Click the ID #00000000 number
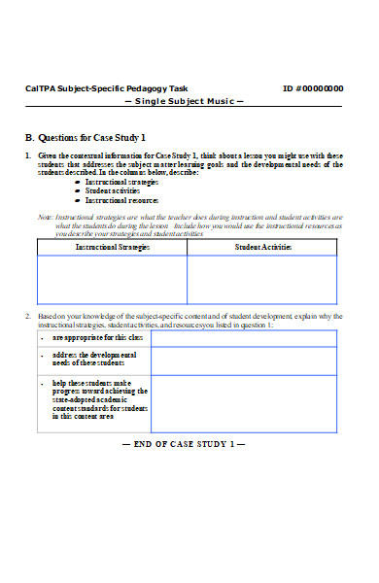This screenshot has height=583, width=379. click(312, 88)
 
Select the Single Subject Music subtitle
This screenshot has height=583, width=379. click(184, 102)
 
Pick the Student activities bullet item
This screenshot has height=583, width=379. click(114, 190)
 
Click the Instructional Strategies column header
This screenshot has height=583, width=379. click(112, 248)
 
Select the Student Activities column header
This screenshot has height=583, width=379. click(263, 248)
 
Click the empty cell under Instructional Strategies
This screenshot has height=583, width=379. click(112, 280)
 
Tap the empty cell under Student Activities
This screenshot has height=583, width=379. click(263, 280)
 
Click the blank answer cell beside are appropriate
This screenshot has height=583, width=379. click(244, 338)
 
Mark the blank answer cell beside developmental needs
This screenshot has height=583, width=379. click(244, 361)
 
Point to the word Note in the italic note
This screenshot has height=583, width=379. click(44, 217)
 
